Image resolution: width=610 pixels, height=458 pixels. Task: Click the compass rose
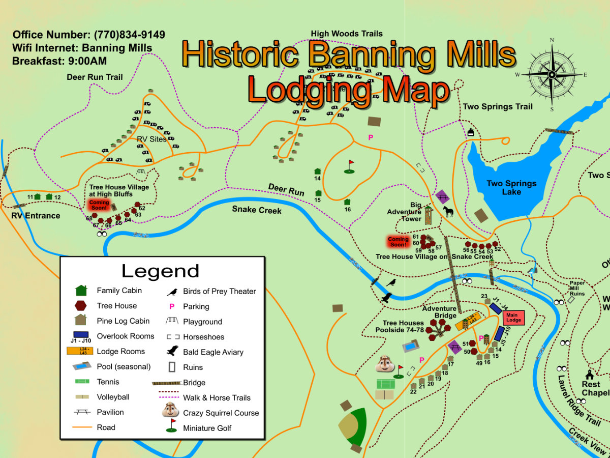pyautogui.click(x=552, y=74)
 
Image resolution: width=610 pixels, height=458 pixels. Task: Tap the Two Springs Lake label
pyautogui.click(x=511, y=188)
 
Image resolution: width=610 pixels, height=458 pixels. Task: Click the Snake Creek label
pyautogui.click(x=257, y=210)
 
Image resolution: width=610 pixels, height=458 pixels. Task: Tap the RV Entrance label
pyautogui.click(x=36, y=216)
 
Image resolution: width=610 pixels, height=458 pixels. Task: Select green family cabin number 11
pyautogui.click(x=37, y=196)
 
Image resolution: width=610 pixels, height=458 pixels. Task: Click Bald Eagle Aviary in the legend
pyautogui.click(x=212, y=352)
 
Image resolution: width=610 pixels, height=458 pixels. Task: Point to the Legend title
pyautogui.click(x=160, y=271)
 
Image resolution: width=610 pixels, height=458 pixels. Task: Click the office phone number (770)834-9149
pyautogui.click(x=129, y=35)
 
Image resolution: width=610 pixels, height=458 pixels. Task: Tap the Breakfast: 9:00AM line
pyautogui.click(x=59, y=62)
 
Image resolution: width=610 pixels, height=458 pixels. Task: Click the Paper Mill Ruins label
pyautogui.click(x=576, y=289)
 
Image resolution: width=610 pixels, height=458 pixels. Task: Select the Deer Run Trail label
pyautogui.click(x=95, y=77)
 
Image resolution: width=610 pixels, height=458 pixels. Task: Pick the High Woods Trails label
pyautogui.click(x=347, y=34)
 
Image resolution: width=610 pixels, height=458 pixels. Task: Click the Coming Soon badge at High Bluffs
pyautogui.click(x=99, y=205)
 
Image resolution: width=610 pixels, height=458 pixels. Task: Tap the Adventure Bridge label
pyautogui.click(x=439, y=312)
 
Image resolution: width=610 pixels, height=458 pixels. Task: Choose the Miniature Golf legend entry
pyautogui.click(x=207, y=428)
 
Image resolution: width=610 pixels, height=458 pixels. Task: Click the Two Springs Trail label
pyautogui.click(x=497, y=107)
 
